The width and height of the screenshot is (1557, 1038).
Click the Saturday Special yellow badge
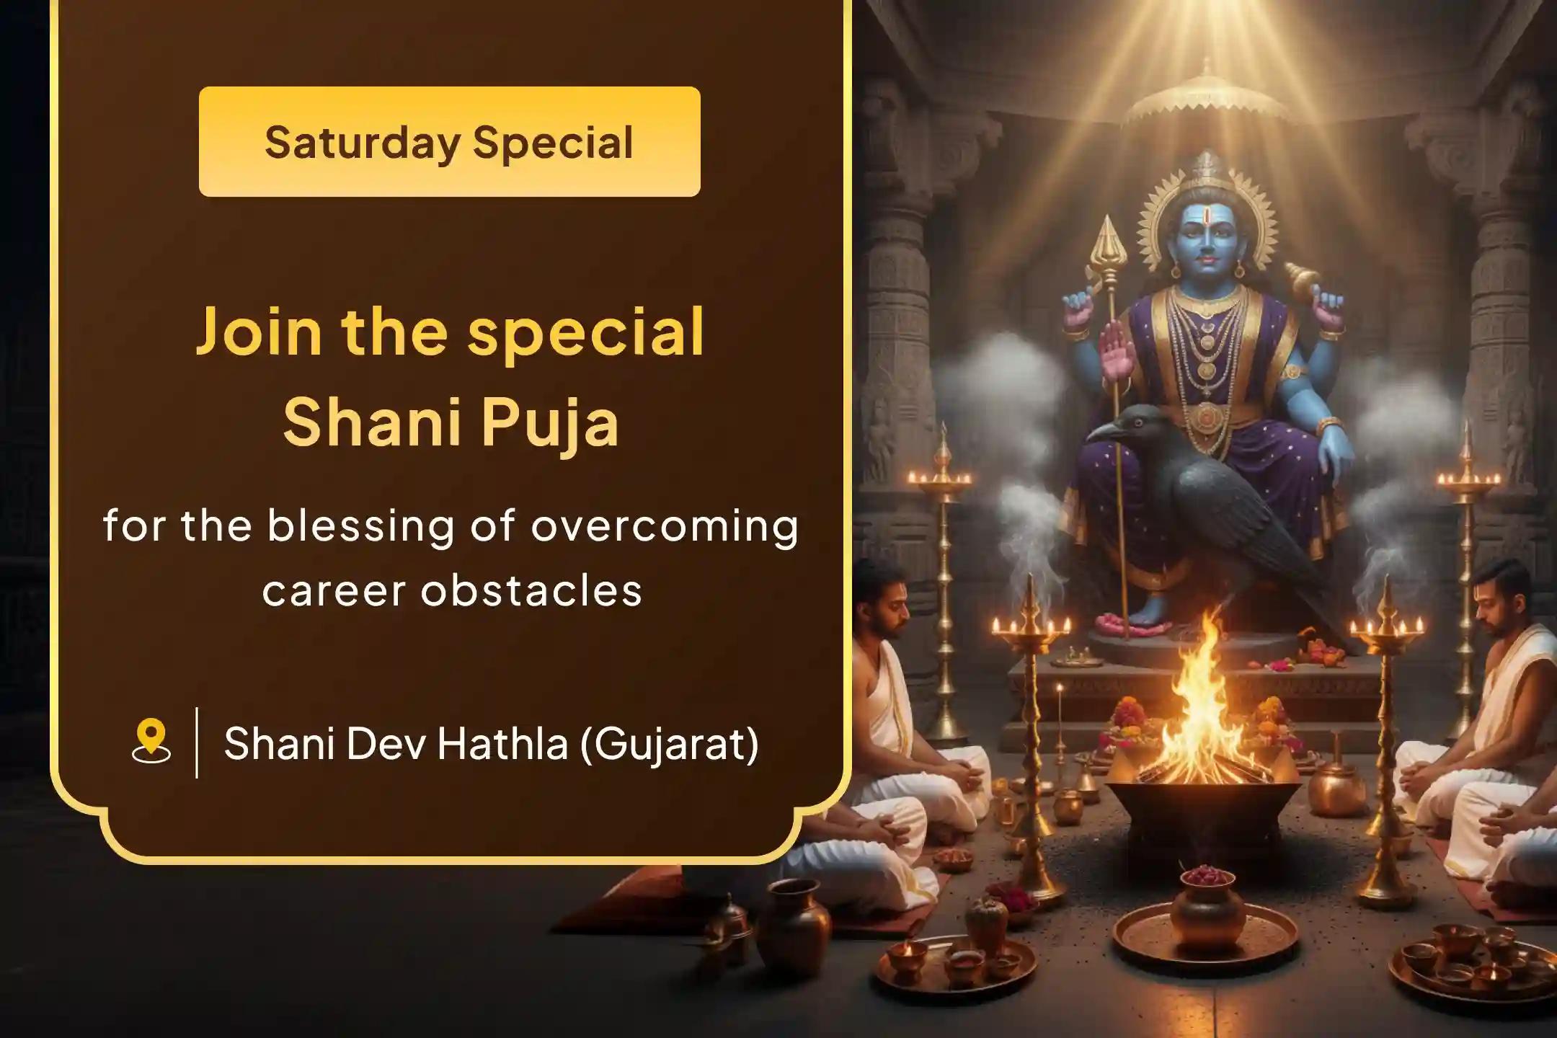(x=449, y=141)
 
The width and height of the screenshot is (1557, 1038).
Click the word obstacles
(x=531, y=591)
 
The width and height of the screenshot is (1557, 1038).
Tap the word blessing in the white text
(x=361, y=526)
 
